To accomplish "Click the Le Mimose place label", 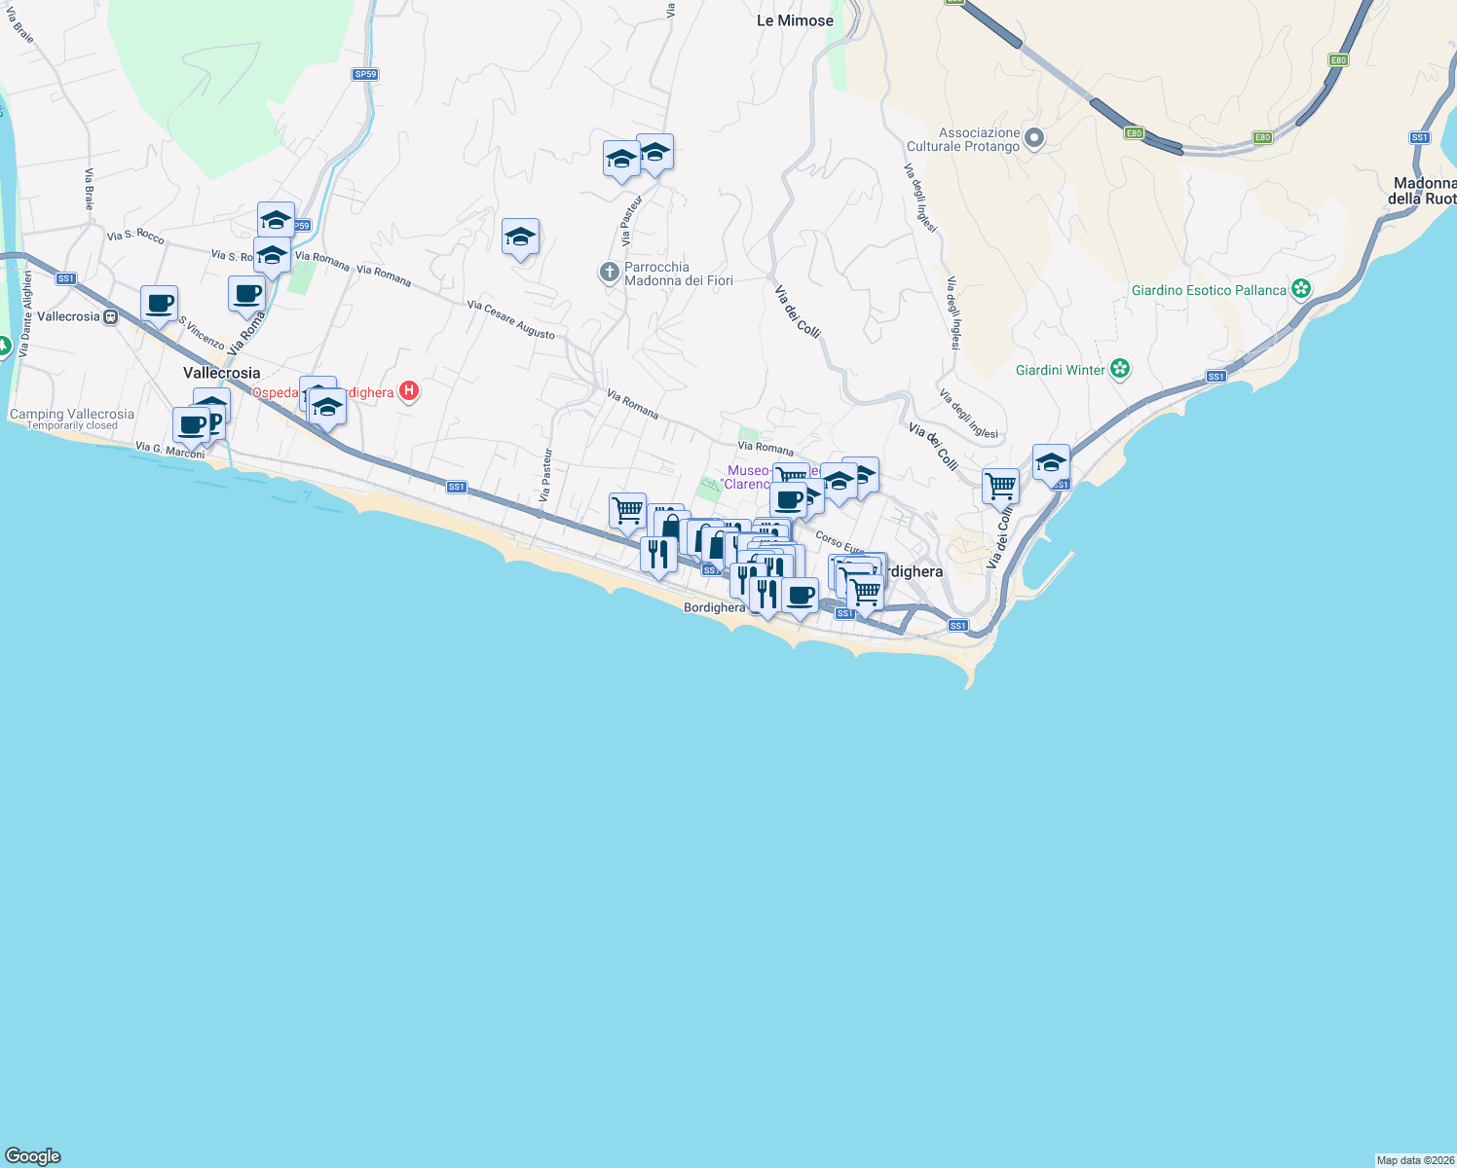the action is point(795,20).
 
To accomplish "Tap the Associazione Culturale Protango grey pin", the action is point(1034,138).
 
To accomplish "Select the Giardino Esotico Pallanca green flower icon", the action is point(1301,289).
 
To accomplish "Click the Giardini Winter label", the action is point(1061,370).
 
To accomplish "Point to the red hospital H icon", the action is point(409,391).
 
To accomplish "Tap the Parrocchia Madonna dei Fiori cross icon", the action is point(610,273).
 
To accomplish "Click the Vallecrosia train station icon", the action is point(111,316).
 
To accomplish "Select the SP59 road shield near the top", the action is point(365,74).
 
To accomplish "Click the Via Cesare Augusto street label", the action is point(510,319).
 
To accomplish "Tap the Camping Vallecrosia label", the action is point(72,414).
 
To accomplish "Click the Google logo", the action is point(33,1155).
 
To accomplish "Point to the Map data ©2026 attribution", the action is point(1415,1160).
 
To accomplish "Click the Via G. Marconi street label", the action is point(170,450).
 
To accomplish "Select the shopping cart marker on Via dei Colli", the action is point(1000,485).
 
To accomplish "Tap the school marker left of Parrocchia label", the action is point(520,237).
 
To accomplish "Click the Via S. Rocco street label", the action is point(135,236).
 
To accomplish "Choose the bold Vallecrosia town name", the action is point(222,373).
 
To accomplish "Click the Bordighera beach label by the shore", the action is point(714,607).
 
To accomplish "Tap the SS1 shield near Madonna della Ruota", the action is point(1420,137).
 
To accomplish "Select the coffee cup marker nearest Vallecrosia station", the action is point(159,303).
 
